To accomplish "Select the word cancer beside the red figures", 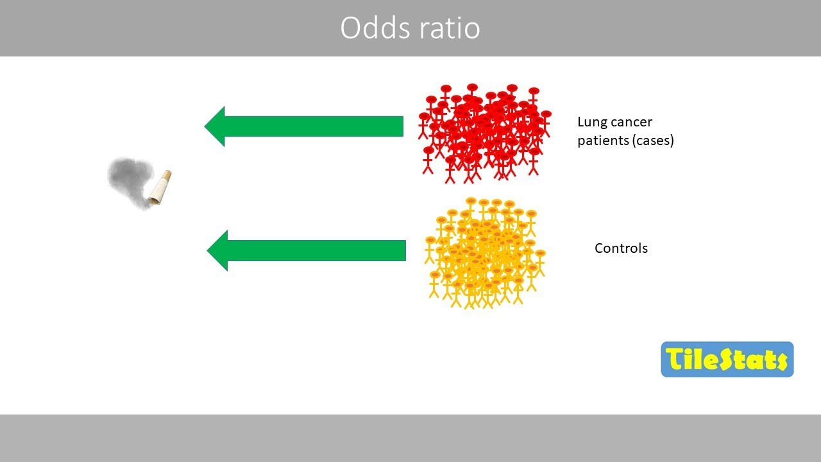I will coord(631,122).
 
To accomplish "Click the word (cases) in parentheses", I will coord(653,141).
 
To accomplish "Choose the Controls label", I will coord(621,248).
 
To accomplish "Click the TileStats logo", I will coord(727,359).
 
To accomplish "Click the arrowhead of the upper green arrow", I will coord(216,126).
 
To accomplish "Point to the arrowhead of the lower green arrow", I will coord(218,250).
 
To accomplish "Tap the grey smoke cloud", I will coord(128,180).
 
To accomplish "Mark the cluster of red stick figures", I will coord(485,132).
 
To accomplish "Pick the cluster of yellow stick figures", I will coord(485,253).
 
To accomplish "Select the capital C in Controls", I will coord(599,248).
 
